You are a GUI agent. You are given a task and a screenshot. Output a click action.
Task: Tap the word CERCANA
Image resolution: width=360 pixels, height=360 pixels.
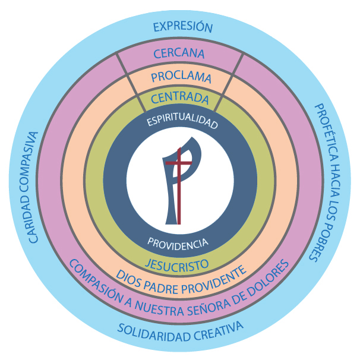tap(179, 53)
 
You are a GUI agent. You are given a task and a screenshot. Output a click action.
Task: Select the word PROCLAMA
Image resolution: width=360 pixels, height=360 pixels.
tap(181, 77)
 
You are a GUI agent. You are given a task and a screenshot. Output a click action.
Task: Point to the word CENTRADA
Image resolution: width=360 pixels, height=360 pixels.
tap(179, 97)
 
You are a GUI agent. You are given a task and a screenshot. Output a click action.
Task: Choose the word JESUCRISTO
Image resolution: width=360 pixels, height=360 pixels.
tap(178, 263)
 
